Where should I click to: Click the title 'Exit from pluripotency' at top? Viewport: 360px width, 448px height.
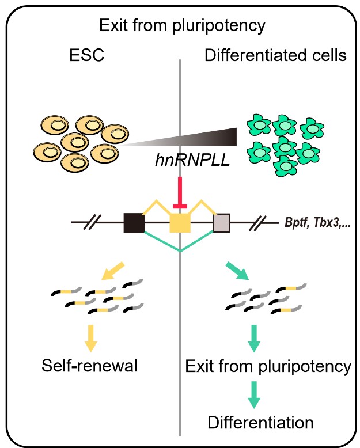click(x=180, y=26)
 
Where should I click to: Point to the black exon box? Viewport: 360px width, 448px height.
click(x=134, y=222)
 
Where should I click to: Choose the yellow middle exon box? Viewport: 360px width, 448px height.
click(x=180, y=222)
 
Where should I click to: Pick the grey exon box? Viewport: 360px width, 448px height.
click(x=222, y=222)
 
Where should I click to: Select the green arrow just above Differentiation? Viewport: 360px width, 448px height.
click(x=252, y=393)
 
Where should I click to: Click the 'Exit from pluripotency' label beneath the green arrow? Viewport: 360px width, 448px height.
click(x=268, y=366)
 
